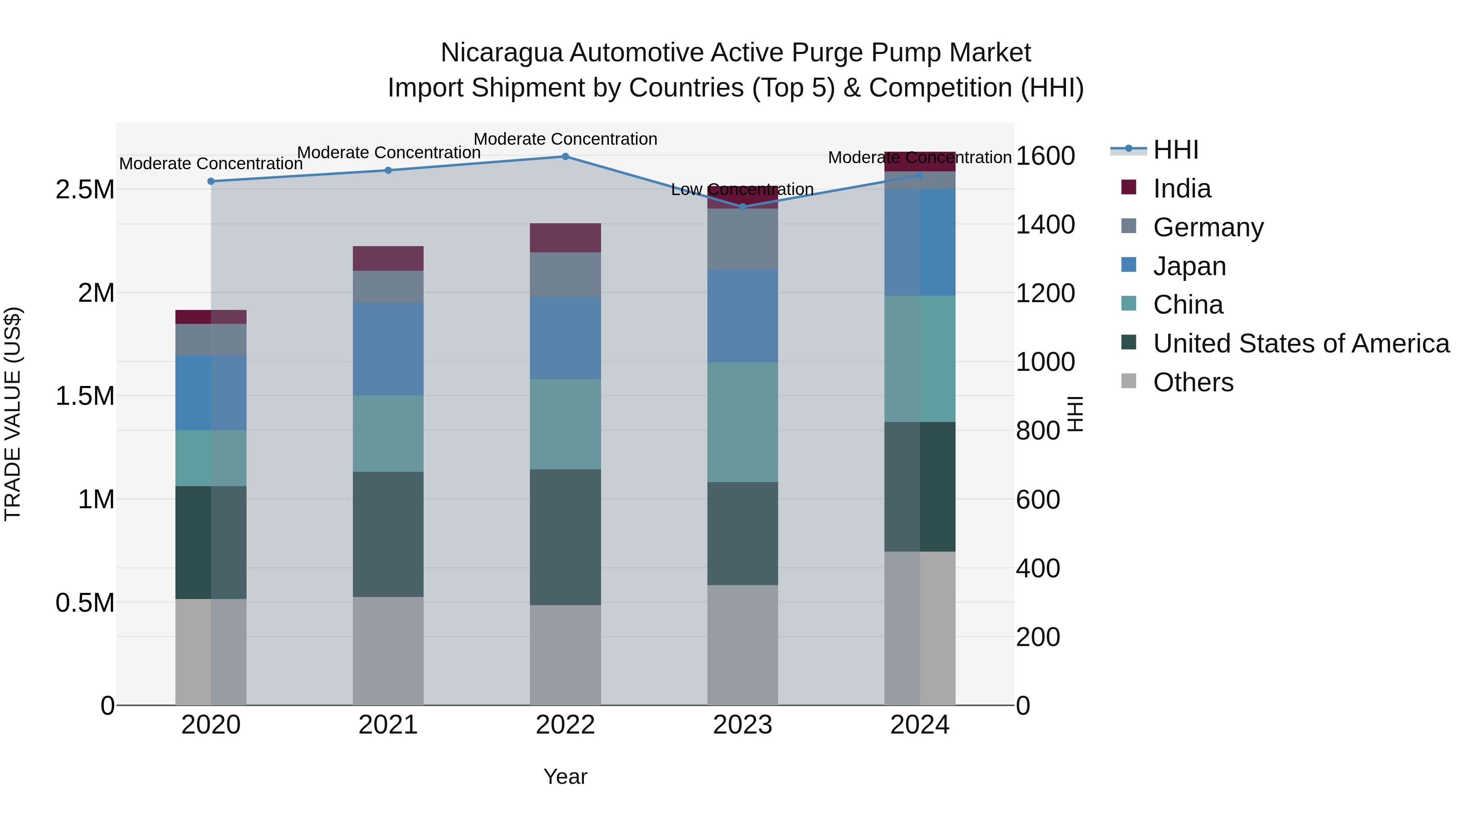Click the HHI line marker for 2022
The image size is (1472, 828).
click(565, 157)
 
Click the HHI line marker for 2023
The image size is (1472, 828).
click(742, 207)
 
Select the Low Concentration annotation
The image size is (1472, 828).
click(742, 189)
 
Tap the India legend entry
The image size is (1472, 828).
click(1181, 188)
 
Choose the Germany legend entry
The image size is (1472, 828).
click(1207, 227)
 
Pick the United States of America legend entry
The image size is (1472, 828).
click(1301, 343)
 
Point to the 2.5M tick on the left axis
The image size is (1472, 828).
click(85, 190)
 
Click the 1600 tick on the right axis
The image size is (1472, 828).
click(1045, 156)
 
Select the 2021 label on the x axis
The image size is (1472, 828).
click(388, 725)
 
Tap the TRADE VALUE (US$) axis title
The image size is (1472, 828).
click(13, 414)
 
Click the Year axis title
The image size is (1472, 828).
click(565, 776)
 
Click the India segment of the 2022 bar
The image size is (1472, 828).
click(565, 238)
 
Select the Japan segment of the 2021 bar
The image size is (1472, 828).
click(388, 349)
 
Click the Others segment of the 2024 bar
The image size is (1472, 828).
click(920, 628)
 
